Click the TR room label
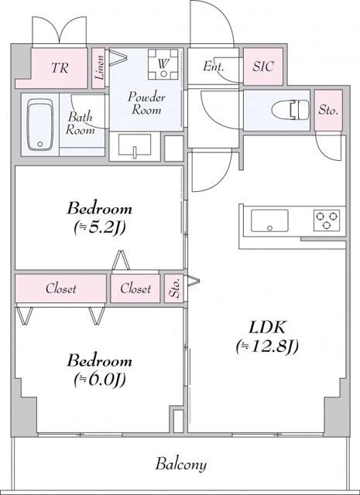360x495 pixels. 59,67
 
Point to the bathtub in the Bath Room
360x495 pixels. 38,124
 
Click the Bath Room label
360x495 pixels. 80,124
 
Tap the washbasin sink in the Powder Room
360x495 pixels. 135,145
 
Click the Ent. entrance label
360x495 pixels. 214,67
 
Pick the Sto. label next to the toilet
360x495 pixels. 328,110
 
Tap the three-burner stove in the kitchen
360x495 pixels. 328,220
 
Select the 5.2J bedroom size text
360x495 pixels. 99,227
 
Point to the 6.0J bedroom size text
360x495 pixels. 99,379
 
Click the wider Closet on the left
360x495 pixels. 60,289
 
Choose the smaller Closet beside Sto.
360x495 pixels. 135,289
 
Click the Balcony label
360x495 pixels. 180,465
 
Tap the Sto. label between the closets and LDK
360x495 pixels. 174,289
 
